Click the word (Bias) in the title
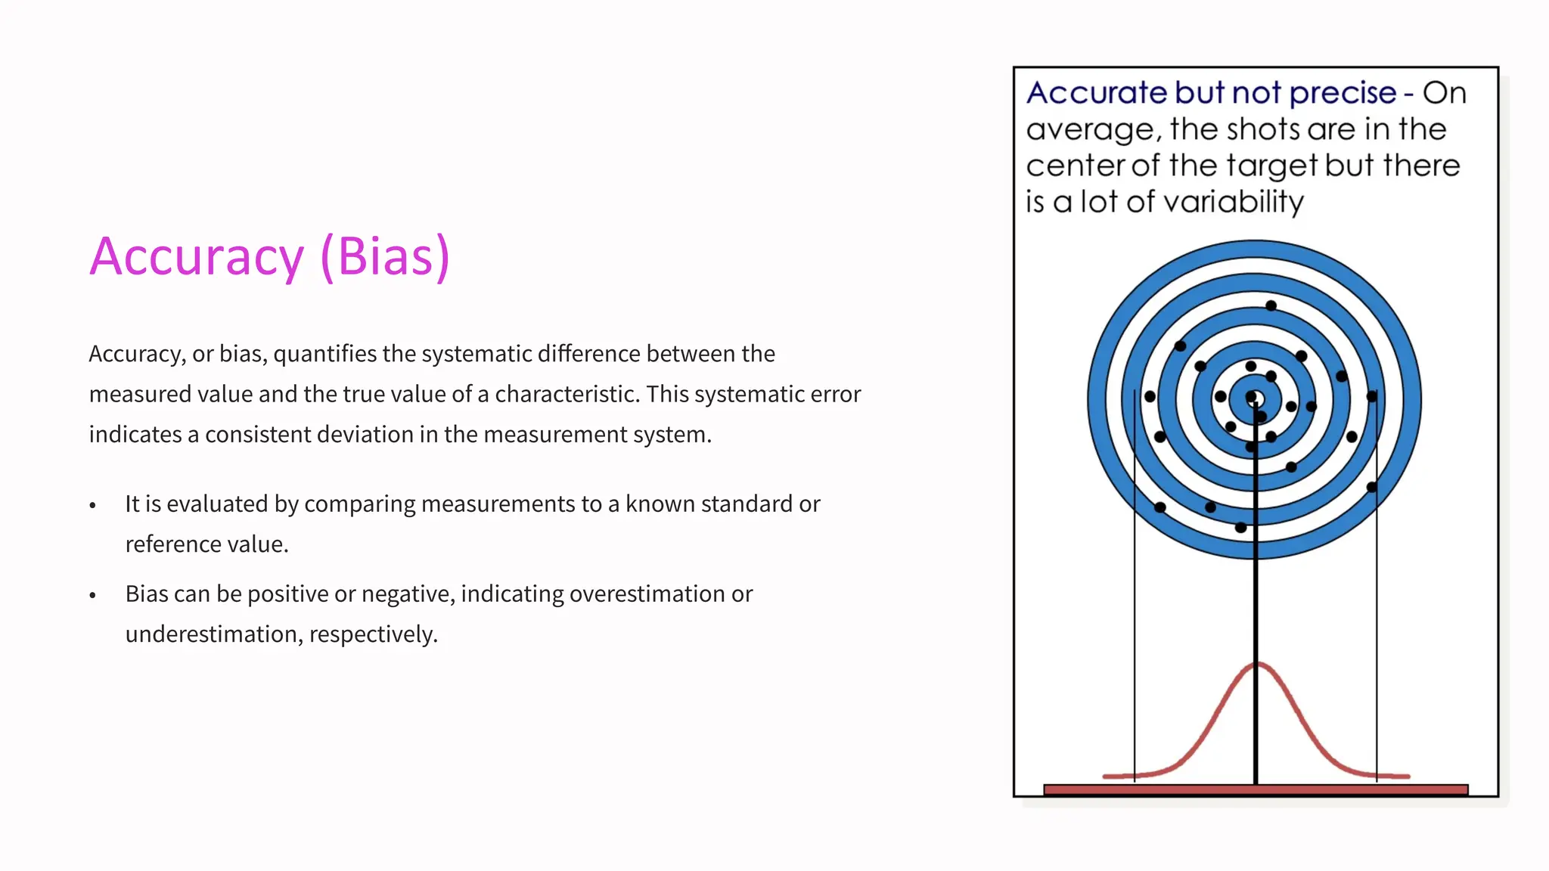(385, 257)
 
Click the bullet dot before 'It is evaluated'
(93, 505)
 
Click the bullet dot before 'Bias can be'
(93, 595)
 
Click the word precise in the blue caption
(1343, 93)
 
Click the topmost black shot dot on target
(1271, 305)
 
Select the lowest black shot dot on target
(1240, 528)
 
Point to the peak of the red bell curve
(1256, 664)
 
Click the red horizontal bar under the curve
(1256, 789)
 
